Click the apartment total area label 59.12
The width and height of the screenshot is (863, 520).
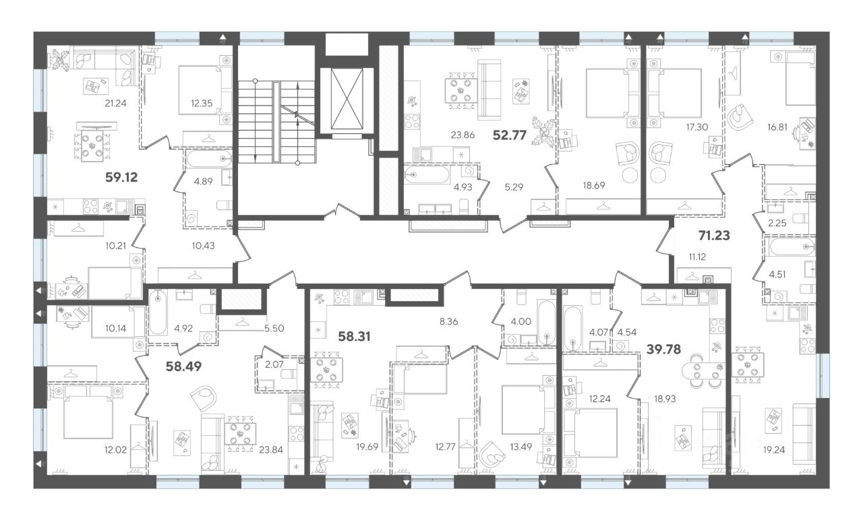coord(121,177)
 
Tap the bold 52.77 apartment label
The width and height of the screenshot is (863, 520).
coord(510,135)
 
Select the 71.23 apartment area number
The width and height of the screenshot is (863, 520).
coord(714,236)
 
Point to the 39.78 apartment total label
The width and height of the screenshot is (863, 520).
coord(664,350)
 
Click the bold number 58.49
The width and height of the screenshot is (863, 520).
coord(183,366)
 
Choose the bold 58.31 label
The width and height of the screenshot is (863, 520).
coord(354,337)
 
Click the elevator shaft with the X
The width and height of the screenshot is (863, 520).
coord(347,99)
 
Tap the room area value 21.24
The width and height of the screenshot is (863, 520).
coord(115,103)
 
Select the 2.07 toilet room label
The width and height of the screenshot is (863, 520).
coord(274,364)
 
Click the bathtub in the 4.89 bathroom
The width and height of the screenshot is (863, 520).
coord(208,159)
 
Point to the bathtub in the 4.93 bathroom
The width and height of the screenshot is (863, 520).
coord(427,175)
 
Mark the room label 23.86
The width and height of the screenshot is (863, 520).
coord(463,135)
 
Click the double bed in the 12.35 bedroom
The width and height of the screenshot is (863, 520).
coord(200,90)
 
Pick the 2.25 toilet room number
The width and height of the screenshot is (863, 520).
coord(777,223)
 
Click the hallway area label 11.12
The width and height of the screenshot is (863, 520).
coord(697,257)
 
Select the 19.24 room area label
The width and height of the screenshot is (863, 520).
coord(774,450)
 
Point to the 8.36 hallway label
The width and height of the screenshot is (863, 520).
coord(448,321)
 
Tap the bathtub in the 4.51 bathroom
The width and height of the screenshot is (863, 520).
coord(792,247)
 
